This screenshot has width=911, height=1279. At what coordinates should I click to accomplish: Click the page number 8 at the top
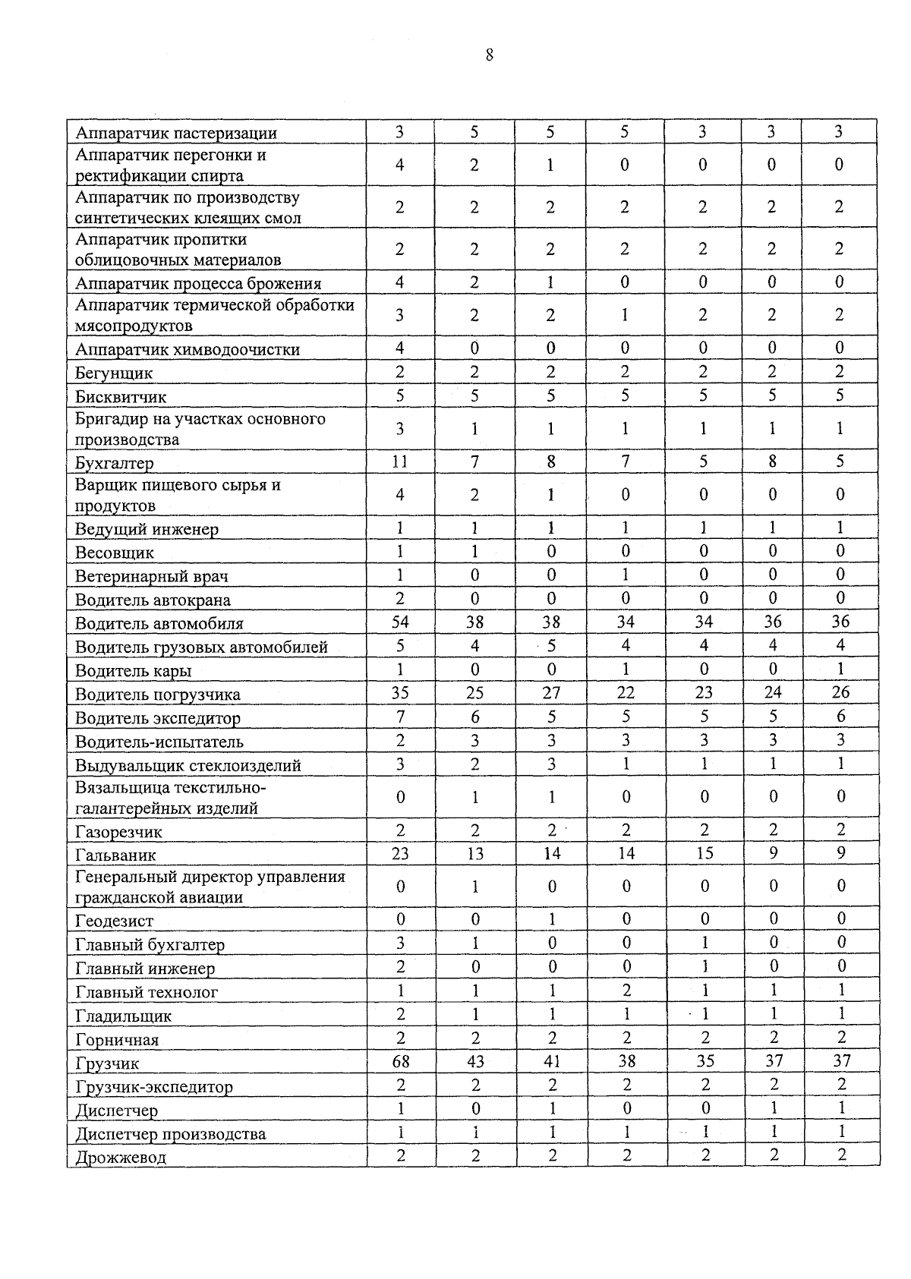[x=489, y=55]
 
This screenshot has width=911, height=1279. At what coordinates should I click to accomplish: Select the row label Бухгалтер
[x=114, y=463]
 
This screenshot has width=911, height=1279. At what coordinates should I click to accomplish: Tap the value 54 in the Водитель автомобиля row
[x=400, y=622]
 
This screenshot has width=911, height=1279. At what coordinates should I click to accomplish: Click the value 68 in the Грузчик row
[x=401, y=1061]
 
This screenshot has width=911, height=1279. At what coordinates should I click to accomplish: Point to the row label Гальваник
[x=115, y=855]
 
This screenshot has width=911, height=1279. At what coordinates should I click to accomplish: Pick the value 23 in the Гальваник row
[x=400, y=854]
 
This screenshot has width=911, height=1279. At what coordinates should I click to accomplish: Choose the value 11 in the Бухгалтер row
[x=400, y=462]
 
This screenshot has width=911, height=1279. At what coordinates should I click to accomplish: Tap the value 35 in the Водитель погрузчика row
[x=400, y=692]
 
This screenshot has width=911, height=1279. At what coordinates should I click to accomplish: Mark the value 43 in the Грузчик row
[x=475, y=1061]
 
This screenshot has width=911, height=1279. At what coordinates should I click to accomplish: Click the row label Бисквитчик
[x=121, y=397]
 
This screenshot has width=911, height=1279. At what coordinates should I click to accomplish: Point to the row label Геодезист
[x=114, y=921]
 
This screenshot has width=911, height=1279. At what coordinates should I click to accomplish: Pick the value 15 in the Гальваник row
[x=705, y=854]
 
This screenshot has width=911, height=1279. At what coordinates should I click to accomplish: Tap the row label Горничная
[x=117, y=1040]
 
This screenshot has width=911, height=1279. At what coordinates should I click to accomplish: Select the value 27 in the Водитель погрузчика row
[x=551, y=692]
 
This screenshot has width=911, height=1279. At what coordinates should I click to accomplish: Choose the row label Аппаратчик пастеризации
[x=175, y=134]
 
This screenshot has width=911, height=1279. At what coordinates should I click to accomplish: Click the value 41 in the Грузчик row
[x=552, y=1061]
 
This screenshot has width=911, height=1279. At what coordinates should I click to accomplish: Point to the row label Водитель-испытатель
[x=159, y=742]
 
